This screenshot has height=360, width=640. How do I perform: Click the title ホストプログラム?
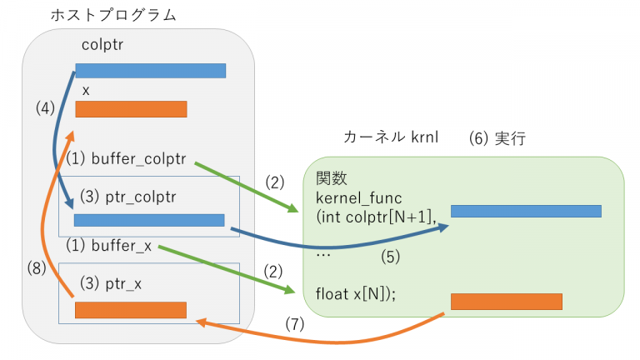(113, 15)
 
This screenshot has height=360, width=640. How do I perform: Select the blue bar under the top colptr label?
(150, 71)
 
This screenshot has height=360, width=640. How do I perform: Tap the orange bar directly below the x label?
(131, 109)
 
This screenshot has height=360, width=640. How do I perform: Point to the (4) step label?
(45, 107)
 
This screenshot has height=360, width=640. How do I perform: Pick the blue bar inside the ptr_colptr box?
(149, 220)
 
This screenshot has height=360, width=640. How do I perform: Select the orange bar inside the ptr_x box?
(130, 310)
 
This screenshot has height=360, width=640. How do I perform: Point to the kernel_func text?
(358, 197)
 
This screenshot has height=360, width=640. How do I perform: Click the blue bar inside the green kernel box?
(526, 211)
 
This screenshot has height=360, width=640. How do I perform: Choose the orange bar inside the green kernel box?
(507, 302)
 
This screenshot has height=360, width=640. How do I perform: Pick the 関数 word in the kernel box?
(327, 178)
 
